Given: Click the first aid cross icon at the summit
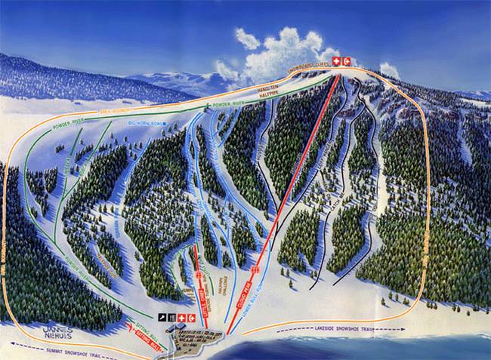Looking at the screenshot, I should tap(335, 60).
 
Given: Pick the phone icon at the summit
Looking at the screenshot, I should tap(347, 60).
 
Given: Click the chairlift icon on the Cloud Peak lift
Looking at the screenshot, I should tap(255, 269).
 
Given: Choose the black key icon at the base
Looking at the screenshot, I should tap(162, 317).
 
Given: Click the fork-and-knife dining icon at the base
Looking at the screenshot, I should tap(171, 317).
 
